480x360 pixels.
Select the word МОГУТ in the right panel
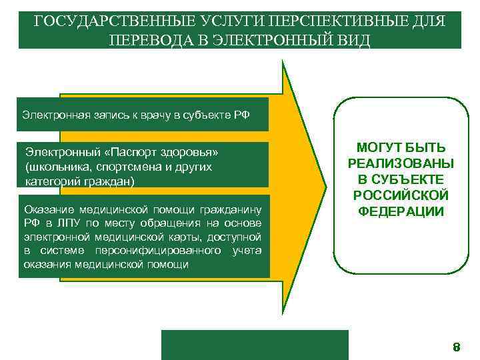381,148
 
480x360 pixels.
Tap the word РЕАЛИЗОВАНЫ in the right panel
401,164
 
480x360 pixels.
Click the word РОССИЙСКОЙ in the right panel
401,196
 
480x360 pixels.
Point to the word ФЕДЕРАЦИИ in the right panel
401,212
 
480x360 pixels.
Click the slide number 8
457,347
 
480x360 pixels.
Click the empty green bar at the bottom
255,345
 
